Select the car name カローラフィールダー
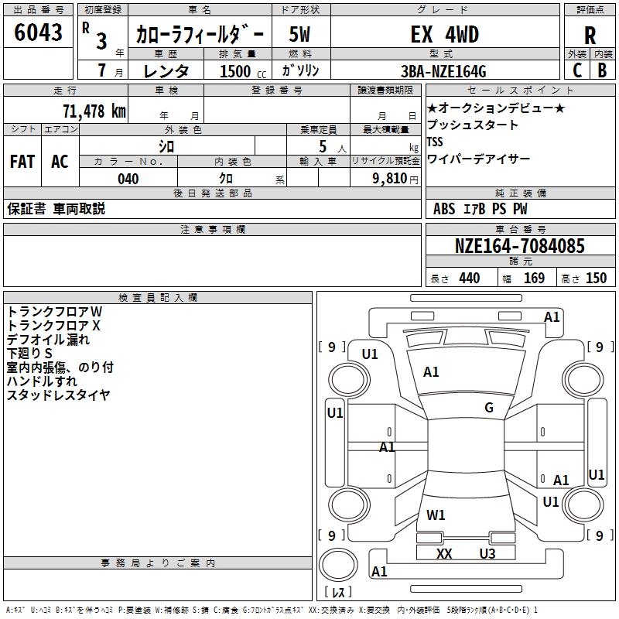200,34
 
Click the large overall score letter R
590,35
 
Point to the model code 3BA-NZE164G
443,71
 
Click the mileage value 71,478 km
93,111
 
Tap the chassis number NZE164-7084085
520,246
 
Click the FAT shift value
22,162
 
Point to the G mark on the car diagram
488,408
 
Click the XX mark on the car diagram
443,553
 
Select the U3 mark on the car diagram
487,553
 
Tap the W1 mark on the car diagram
436,515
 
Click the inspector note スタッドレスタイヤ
58,395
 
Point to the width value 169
534,278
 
